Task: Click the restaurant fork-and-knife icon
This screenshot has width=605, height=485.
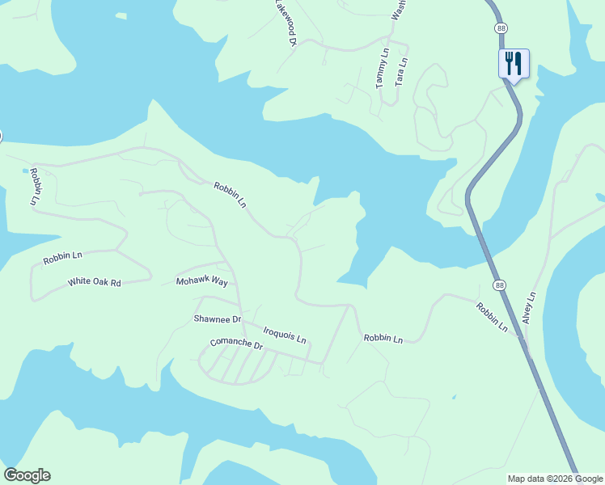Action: pyautogui.click(x=514, y=62)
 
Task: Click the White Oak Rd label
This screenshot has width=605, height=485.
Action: pyautogui.click(x=94, y=282)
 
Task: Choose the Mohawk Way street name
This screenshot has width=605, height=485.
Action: pyautogui.click(x=202, y=281)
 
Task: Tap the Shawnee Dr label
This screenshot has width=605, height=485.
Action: pyautogui.click(x=218, y=318)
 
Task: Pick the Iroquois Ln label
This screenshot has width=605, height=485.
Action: pyautogui.click(x=285, y=335)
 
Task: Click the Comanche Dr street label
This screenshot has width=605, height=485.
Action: pyautogui.click(x=236, y=344)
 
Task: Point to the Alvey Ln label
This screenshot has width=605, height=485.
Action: pyautogui.click(x=529, y=308)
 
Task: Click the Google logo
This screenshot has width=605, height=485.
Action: pyautogui.click(x=27, y=475)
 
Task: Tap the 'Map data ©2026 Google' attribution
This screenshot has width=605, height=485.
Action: pyautogui.click(x=555, y=479)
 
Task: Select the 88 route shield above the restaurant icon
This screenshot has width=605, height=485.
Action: pyautogui.click(x=501, y=27)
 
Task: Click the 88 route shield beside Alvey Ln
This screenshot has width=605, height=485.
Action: pyautogui.click(x=500, y=286)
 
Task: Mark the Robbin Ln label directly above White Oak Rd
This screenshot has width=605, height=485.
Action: pyautogui.click(x=63, y=259)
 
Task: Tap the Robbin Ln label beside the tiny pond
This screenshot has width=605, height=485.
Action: pyautogui.click(x=34, y=186)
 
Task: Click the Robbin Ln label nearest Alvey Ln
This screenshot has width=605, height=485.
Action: pyautogui.click(x=491, y=318)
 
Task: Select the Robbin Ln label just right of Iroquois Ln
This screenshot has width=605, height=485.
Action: pyautogui.click(x=383, y=339)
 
